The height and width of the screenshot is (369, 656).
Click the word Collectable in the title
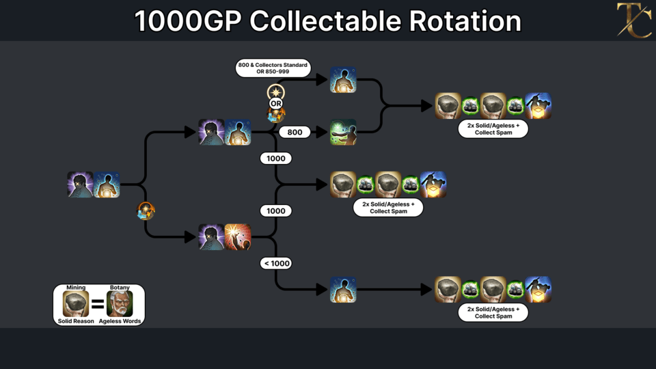click(x=327, y=21)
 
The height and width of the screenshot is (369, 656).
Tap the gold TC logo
click(x=634, y=20)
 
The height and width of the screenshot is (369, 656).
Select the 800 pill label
click(x=295, y=132)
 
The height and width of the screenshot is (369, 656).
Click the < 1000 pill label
click(x=276, y=263)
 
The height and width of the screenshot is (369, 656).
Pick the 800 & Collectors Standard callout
click(x=273, y=68)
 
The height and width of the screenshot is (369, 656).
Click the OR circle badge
click(x=275, y=103)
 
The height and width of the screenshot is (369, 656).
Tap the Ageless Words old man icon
click(x=120, y=303)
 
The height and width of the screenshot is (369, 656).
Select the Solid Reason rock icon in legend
click(x=76, y=303)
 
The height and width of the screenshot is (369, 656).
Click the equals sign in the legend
click(x=98, y=304)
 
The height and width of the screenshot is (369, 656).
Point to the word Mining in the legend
click(x=76, y=288)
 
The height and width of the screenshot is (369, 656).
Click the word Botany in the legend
click(x=120, y=288)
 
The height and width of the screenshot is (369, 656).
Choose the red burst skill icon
click(x=238, y=237)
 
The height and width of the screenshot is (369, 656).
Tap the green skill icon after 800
click(x=343, y=132)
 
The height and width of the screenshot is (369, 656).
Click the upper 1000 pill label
click(x=275, y=159)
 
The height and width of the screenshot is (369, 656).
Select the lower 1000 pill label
click(x=275, y=211)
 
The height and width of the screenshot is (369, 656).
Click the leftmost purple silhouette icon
click(x=81, y=184)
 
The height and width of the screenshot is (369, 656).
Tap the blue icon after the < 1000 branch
click(x=343, y=290)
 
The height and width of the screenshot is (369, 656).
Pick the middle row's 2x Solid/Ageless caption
click(x=388, y=208)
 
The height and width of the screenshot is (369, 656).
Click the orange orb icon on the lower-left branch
click(x=146, y=211)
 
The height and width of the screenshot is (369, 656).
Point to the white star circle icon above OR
click(x=275, y=92)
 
